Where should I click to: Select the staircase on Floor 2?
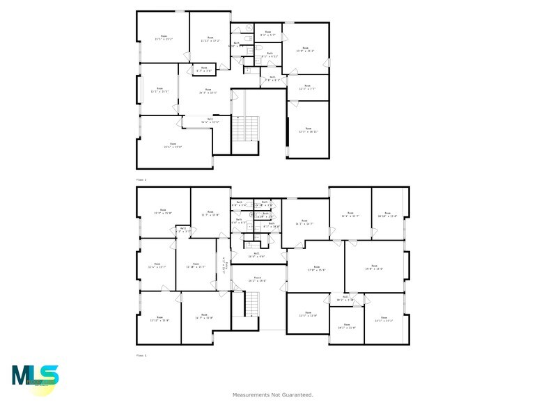tap(240, 129)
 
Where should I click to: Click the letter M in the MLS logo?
tap(20, 376)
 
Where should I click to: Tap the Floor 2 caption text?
tap(141, 179)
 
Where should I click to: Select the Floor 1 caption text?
tap(141, 355)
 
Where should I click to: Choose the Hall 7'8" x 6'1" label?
tap(272, 79)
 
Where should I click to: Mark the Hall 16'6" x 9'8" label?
tap(256, 255)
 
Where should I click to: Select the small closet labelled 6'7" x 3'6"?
tap(203, 70)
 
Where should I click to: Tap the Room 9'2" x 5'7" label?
tap(268, 33)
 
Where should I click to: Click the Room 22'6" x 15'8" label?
tap(173, 145)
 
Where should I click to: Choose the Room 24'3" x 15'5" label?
tap(208, 90)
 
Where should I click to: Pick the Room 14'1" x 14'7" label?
tap(304, 223)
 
